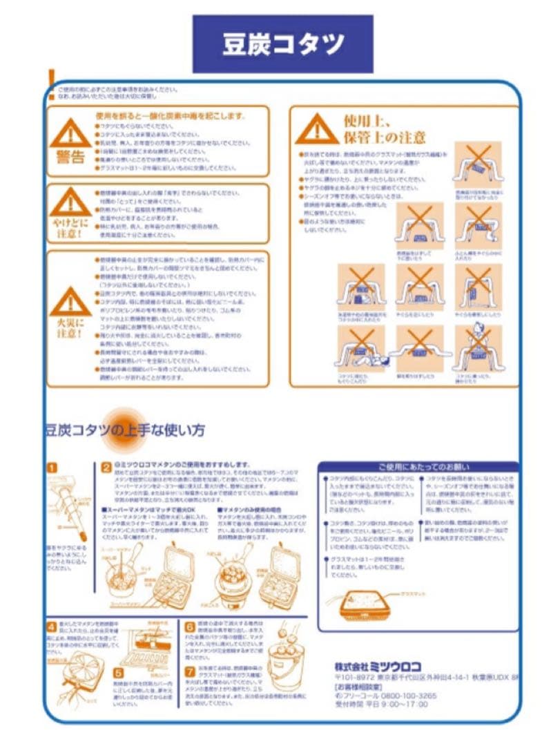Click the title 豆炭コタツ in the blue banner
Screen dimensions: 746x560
click(x=282, y=44)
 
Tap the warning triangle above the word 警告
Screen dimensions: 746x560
click(x=70, y=131)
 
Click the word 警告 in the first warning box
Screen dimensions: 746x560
click(x=70, y=156)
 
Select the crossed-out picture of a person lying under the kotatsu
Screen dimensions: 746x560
click(x=360, y=348)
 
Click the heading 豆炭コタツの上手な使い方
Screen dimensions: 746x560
click(x=124, y=430)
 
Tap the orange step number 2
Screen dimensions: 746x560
click(x=106, y=468)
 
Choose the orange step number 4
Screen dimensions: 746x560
click(x=52, y=627)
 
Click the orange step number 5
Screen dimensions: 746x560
click(x=118, y=671)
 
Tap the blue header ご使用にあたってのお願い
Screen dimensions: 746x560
click(x=418, y=467)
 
